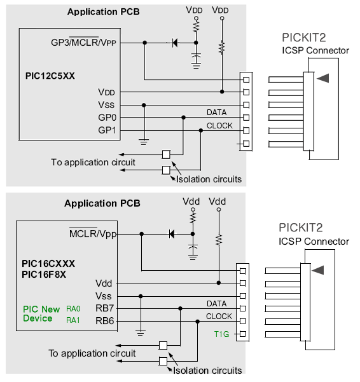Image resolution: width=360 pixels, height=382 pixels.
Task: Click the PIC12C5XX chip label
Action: [50, 76]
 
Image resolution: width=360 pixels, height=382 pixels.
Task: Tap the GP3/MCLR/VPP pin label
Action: [83, 42]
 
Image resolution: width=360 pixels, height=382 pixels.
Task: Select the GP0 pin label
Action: [107, 118]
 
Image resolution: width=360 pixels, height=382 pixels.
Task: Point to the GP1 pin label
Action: [107, 130]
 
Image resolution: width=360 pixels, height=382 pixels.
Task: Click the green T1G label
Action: [221, 334]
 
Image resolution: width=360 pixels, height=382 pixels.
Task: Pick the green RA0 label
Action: [73, 309]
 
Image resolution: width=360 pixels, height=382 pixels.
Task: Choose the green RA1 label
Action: [73, 320]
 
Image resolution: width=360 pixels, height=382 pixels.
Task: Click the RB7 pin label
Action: [104, 308]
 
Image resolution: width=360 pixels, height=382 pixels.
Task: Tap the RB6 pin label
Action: [104, 321]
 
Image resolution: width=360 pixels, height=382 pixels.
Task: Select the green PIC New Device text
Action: [41, 314]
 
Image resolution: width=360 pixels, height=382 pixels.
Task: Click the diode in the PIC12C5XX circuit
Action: [175, 43]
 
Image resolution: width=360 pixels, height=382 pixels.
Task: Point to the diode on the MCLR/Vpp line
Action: [172, 234]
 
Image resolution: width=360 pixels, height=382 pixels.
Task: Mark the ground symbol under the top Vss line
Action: [144, 142]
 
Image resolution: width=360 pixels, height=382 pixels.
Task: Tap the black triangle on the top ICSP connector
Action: [323, 78]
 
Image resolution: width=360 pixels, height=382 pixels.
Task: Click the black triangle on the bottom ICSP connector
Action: [317, 270]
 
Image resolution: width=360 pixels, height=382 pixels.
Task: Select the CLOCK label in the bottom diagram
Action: [219, 317]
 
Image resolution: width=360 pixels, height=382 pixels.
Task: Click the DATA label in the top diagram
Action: [217, 113]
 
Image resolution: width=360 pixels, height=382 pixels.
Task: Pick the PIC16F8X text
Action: [44, 275]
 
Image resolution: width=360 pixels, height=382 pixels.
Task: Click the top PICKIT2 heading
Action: [303, 38]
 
